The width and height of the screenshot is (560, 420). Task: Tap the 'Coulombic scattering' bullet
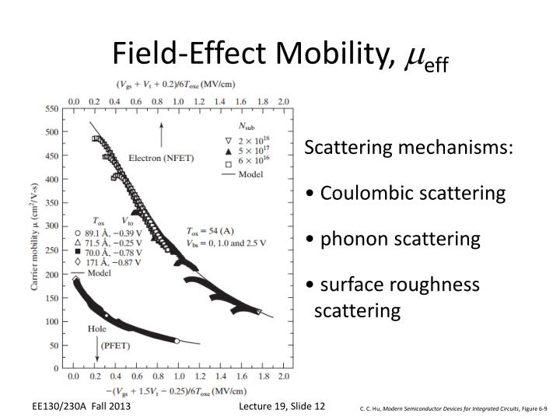(404, 192)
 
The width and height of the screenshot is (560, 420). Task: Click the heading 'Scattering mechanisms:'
(409, 148)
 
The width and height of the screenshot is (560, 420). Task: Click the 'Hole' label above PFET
(97, 329)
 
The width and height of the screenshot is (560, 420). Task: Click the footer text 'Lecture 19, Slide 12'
(282, 406)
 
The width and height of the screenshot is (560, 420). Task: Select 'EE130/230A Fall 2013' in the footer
(81, 406)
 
